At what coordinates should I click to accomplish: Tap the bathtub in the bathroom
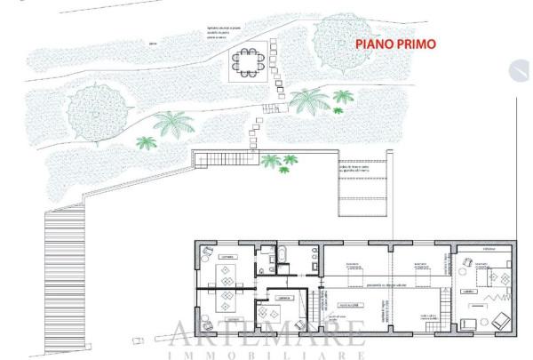click(282, 258)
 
